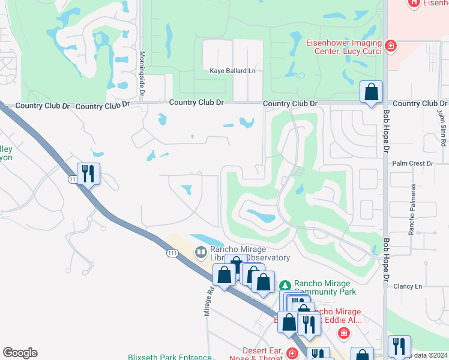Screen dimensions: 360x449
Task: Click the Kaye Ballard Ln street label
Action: point(232,71)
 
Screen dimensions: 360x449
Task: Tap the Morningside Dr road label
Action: point(143,74)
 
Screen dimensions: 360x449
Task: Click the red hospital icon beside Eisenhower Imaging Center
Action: point(391,45)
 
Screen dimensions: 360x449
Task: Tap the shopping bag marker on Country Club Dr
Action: point(372,93)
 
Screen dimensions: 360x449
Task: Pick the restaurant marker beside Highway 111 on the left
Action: point(88,174)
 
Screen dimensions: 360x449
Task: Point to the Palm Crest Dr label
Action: point(412,163)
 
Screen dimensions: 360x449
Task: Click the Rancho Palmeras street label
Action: point(412,210)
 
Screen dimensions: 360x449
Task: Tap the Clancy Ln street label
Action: point(408,286)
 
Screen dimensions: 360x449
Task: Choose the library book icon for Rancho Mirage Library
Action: point(201,251)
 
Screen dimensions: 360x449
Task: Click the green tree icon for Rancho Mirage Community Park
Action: point(286,284)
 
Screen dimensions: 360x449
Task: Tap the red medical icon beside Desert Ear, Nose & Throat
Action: point(291,353)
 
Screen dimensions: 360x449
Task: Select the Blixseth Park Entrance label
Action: point(170,357)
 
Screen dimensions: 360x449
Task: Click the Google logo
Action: point(20,353)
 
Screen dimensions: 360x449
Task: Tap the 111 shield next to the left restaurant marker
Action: point(73,179)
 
